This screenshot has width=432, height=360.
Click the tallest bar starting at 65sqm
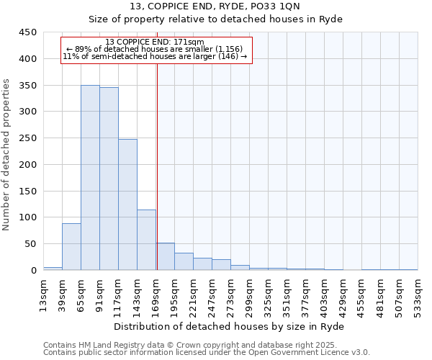point(90,178)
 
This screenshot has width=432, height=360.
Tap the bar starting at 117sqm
point(127,204)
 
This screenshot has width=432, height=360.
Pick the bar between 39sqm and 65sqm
point(71,247)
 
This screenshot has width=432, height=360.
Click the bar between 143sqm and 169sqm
point(146,240)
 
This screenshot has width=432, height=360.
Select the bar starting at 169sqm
point(165,256)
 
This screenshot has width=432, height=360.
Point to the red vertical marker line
point(157,166)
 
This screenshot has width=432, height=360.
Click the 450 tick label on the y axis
point(27,32)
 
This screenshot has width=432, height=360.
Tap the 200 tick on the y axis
point(27,165)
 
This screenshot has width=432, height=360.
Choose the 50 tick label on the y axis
point(30,244)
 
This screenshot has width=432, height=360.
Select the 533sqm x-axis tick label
point(418,293)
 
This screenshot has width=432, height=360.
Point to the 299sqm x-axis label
point(249,293)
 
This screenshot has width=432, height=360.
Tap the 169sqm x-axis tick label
point(156,293)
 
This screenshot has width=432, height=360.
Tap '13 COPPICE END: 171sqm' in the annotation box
point(155,42)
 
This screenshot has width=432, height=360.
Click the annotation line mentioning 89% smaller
point(155,49)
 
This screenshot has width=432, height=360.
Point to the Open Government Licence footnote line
point(207,353)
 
